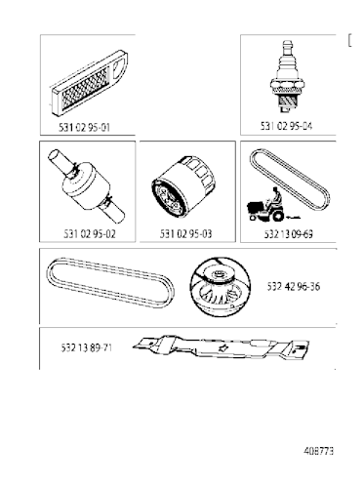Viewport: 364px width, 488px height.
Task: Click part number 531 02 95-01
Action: [85, 127]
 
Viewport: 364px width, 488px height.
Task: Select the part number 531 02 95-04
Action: [286, 127]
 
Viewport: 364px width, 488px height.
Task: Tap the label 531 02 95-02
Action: [76, 233]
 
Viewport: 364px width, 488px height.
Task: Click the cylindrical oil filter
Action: [181, 191]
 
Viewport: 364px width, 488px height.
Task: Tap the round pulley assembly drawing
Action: [222, 285]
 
